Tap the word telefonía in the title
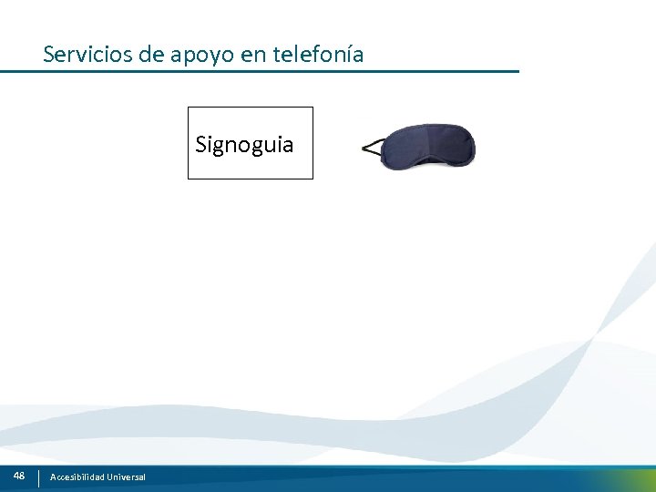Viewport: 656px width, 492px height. point(318,55)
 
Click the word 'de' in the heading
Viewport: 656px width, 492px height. point(152,55)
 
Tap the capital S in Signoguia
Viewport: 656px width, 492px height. point(201,144)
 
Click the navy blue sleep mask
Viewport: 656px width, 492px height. point(427,147)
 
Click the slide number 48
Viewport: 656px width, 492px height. point(19,476)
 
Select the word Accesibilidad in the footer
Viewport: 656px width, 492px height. point(77,477)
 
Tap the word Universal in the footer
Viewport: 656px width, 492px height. point(126,477)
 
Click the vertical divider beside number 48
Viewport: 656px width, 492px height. point(38,477)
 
